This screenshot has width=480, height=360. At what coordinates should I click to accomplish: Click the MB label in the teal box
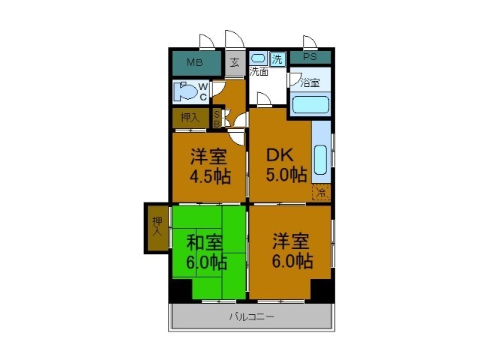click(194, 61)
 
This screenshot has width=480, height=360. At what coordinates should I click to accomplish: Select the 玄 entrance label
click(234, 62)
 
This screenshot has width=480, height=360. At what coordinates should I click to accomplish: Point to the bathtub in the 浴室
click(310, 103)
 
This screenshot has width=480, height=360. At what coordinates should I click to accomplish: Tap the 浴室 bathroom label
click(309, 82)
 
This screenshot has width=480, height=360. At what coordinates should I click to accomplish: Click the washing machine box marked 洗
click(277, 59)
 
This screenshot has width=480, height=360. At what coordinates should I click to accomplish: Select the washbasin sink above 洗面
click(258, 58)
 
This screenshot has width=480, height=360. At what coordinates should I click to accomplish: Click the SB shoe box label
click(217, 118)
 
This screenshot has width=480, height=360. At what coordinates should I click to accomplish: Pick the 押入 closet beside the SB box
click(190, 118)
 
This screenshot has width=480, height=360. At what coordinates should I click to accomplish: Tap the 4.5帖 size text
click(209, 178)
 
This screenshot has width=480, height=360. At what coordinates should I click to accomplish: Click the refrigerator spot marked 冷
click(320, 192)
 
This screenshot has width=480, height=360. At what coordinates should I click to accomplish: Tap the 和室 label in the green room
click(204, 242)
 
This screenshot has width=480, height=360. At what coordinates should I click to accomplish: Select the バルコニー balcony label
click(251, 316)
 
